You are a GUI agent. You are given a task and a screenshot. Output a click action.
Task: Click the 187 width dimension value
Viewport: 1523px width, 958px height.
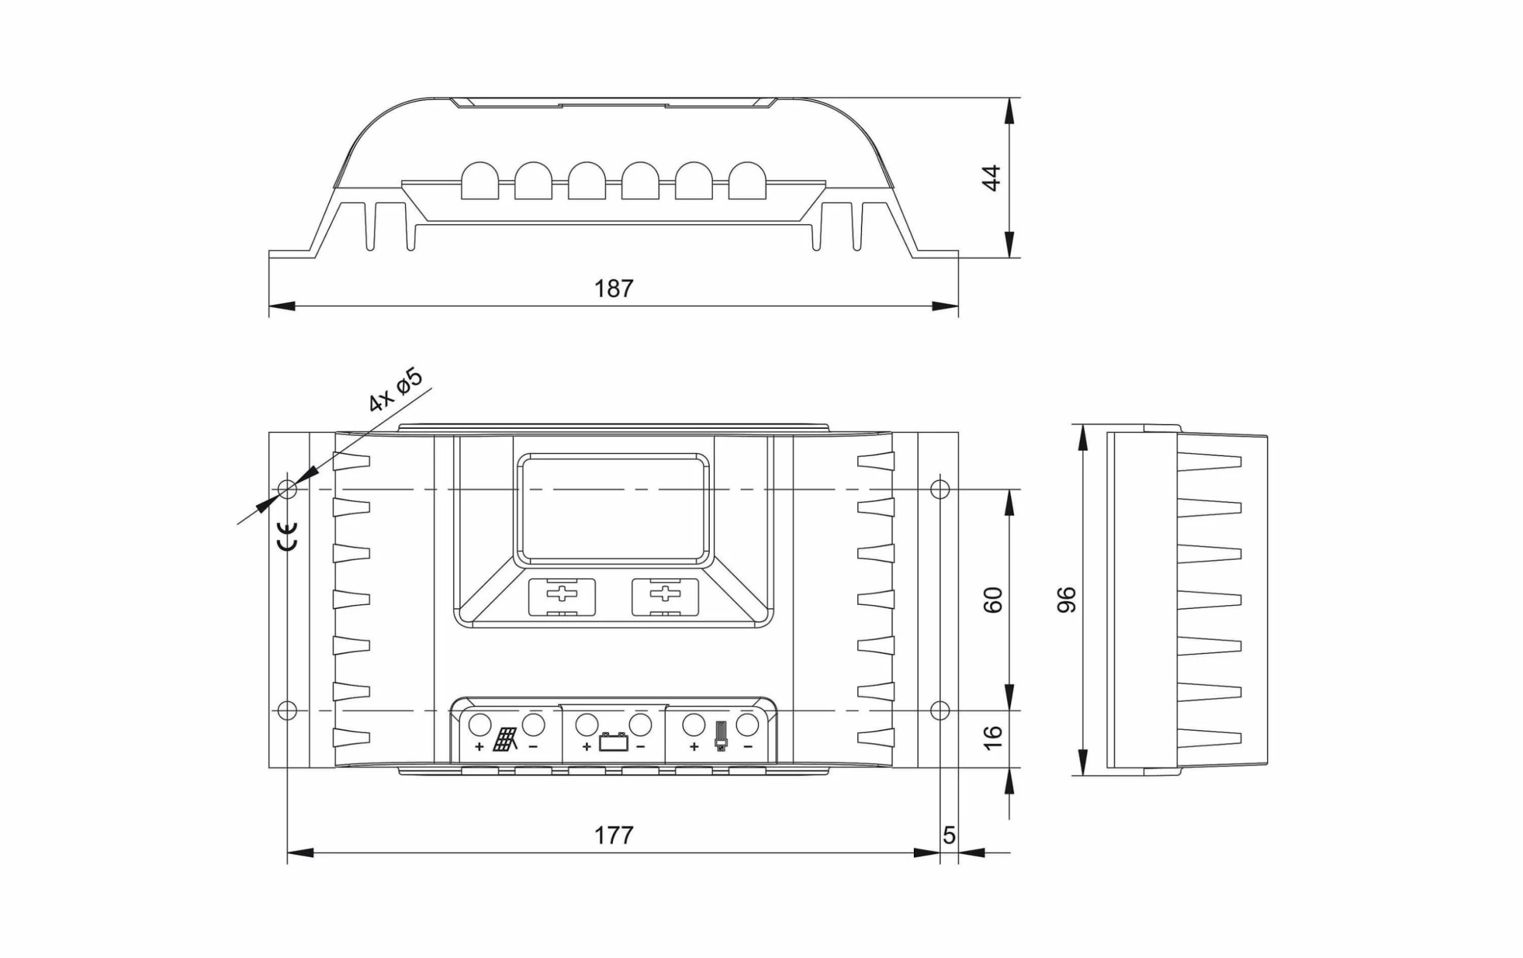[613, 288]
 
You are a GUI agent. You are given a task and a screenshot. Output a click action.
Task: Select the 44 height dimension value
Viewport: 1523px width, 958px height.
[991, 178]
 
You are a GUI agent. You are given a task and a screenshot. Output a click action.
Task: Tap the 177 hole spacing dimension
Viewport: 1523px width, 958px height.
[613, 836]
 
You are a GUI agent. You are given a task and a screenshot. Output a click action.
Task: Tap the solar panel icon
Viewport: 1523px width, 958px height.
[506, 739]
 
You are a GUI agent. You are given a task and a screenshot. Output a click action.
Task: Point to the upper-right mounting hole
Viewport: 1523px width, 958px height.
[940, 489]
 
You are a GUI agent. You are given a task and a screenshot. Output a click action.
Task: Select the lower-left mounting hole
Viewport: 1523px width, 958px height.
[287, 710]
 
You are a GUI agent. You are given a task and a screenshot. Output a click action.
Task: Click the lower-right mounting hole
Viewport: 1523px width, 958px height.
[940, 710]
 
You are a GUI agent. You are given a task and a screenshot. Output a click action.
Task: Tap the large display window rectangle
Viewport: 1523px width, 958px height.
[613, 509]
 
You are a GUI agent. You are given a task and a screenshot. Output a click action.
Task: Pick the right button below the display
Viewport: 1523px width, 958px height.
[665, 597]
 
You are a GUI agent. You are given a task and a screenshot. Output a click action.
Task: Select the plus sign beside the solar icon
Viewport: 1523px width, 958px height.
[479, 747]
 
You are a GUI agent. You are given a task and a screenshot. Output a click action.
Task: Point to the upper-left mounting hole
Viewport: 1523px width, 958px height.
[287, 489]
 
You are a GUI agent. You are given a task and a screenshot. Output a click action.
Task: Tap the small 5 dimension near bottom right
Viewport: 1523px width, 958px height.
[949, 836]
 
